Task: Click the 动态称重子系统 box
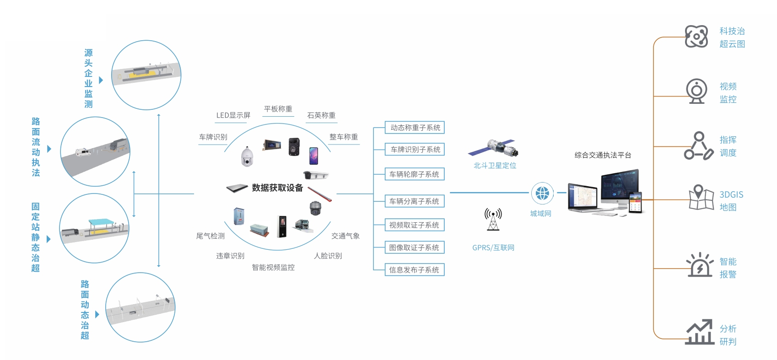(415, 128)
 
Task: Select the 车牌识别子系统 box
(415, 150)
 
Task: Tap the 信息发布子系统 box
(415, 270)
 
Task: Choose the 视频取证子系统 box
(415, 225)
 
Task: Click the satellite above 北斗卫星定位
(494, 148)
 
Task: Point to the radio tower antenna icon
(493, 219)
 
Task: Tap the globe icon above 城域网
(542, 193)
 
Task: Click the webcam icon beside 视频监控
(696, 91)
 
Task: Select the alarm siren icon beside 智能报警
(700, 265)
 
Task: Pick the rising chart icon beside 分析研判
(700, 332)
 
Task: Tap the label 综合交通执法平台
(603, 155)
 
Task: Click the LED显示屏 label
(233, 115)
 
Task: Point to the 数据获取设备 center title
(277, 188)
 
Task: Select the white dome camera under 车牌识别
(247, 157)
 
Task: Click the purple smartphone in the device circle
(313, 156)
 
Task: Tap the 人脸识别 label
(328, 256)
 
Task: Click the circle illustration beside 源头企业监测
(146, 75)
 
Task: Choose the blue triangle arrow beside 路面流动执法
(49, 149)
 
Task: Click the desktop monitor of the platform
(619, 188)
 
